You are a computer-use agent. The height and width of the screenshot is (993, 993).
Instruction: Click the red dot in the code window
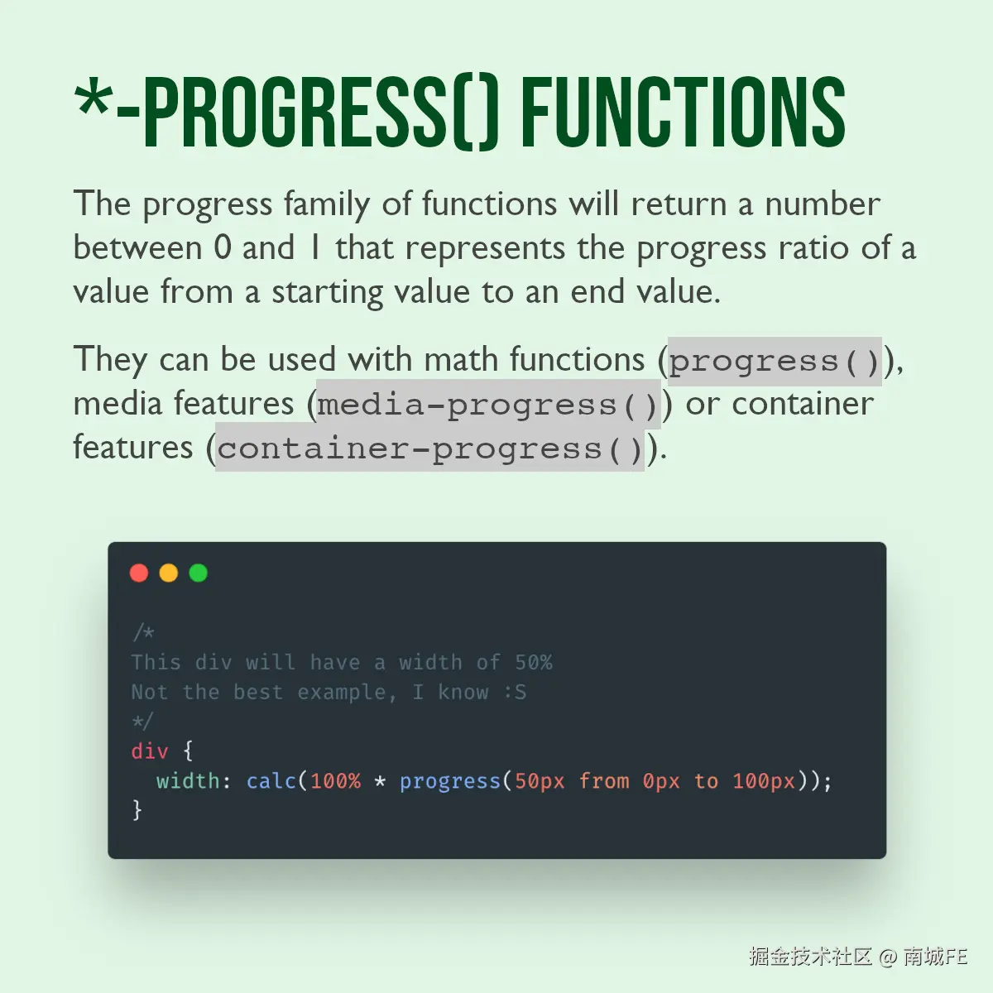click(x=139, y=573)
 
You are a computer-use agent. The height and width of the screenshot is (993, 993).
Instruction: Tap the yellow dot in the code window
click(x=169, y=573)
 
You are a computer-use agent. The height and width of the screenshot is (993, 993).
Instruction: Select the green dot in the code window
click(x=199, y=573)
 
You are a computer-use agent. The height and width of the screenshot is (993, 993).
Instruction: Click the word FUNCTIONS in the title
click(x=684, y=112)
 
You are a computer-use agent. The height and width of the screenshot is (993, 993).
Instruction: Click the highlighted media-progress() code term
click(x=488, y=405)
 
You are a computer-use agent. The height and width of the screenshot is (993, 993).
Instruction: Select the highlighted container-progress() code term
click(x=429, y=448)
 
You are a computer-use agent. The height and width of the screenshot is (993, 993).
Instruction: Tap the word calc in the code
click(x=271, y=781)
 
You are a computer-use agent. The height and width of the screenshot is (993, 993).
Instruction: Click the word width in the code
click(x=188, y=781)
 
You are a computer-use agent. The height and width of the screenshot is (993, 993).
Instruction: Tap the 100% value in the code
click(x=335, y=781)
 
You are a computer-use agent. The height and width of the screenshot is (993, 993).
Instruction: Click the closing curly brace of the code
click(x=137, y=810)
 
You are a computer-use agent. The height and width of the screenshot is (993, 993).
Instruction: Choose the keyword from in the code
click(x=604, y=781)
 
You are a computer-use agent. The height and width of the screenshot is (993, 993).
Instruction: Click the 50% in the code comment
click(x=534, y=663)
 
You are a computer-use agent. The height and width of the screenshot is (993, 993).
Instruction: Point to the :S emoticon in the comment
click(x=515, y=692)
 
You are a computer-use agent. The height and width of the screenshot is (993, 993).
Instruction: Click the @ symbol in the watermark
click(x=888, y=957)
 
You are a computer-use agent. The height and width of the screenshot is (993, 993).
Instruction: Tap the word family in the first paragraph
click(x=327, y=204)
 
